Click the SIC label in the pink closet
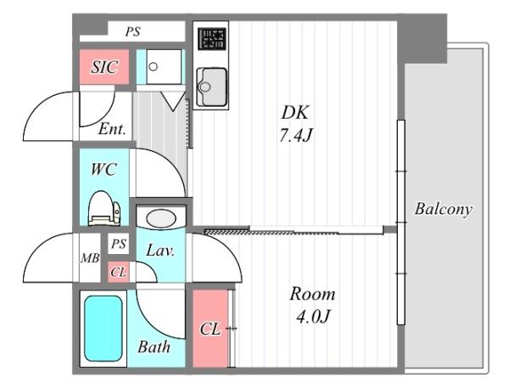[x=103, y=67]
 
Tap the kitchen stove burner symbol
[x=212, y=39]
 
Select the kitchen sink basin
[x=211, y=87]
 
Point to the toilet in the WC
[x=104, y=208]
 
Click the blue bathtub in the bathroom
[x=103, y=328]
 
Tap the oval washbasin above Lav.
[x=161, y=218]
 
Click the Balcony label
[x=443, y=209]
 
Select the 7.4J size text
[x=295, y=135]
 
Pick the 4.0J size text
[x=312, y=316]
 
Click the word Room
[x=312, y=294]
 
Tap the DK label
[x=295, y=112]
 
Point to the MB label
[x=90, y=258]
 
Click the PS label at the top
[x=133, y=31]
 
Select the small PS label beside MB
[x=119, y=244]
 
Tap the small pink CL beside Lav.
[x=118, y=272]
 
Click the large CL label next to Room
[x=210, y=329]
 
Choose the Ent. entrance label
[x=112, y=129]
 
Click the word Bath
[x=154, y=347]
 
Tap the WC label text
[x=103, y=169]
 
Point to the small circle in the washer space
[x=154, y=67]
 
